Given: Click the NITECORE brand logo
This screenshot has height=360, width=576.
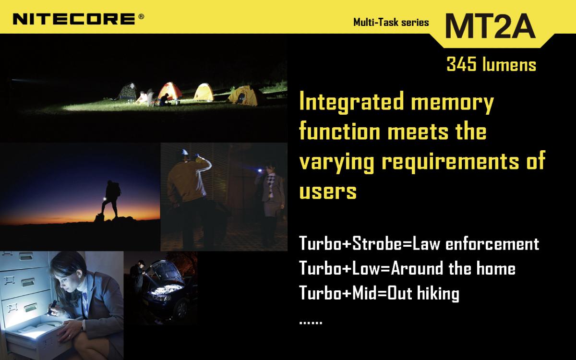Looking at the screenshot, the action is [x=74, y=19].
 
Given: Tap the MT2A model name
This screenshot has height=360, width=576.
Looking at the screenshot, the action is [x=491, y=26].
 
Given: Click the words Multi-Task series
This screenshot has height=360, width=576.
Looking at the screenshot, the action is [x=391, y=23].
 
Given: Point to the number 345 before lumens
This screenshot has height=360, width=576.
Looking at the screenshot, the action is [x=461, y=64].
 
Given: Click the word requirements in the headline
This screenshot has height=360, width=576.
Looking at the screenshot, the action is [x=450, y=161].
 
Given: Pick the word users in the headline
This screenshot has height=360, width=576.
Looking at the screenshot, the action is [x=328, y=192].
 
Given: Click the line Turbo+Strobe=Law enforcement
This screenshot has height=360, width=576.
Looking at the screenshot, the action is [x=419, y=243].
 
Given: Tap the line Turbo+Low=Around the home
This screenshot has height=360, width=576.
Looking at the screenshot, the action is [x=408, y=268].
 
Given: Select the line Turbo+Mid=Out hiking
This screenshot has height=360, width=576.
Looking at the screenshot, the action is [x=379, y=293].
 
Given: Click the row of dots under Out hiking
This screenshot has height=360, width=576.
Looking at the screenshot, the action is [x=311, y=323].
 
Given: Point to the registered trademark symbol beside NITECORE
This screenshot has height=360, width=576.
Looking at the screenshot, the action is [x=141, y=17].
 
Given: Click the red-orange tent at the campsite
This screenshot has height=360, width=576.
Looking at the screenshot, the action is [x=169, y=91].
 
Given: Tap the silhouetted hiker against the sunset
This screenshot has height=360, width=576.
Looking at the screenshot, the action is [x=110, y=199].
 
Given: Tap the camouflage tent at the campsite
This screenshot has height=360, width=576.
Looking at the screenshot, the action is [x=128, y=91].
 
